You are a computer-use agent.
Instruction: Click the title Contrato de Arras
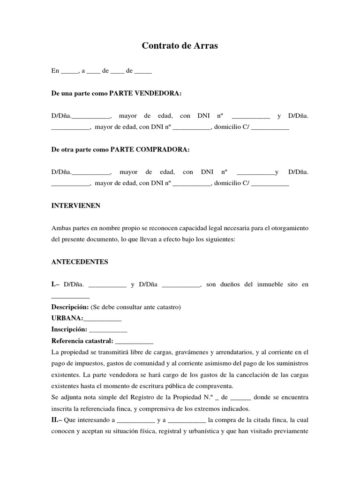180,46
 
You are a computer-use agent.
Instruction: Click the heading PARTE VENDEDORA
145,93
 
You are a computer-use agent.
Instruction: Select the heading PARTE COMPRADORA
150,150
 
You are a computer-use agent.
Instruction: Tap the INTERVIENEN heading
75,206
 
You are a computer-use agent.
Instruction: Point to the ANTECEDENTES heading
80,262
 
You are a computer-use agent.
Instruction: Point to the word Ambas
61,228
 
